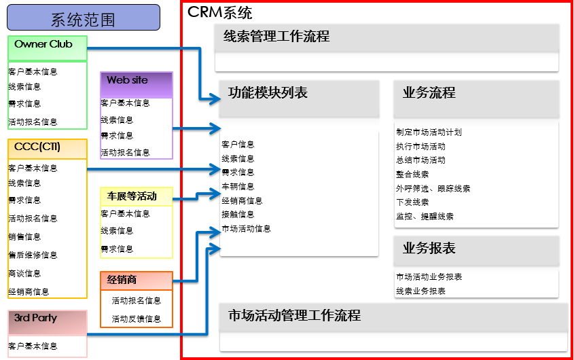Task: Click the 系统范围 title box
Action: [x=84, y=18]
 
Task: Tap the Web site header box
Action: [x=136, y=80]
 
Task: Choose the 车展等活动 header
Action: [x=136, y=196]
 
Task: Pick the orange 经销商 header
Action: [x=136, y=279]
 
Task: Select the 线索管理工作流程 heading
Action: [x=276, y=37]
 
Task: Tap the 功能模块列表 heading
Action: [x=268, y=93]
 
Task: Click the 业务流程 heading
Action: [x=429, y=93]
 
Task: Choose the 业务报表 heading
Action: [x=429, y=248]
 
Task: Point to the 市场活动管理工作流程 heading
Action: [x=294, y=316]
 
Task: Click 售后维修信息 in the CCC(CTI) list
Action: [x=33, y=255]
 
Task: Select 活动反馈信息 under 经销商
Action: [x=137, y=319]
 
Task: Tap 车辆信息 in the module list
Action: [x=238, y=187]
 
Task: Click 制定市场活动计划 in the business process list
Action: [x=429, y=132]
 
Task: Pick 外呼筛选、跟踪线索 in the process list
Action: [x=433, y=188]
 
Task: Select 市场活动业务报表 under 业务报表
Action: [x=429, y=277]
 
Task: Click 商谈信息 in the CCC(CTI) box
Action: [x=24, y=273]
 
